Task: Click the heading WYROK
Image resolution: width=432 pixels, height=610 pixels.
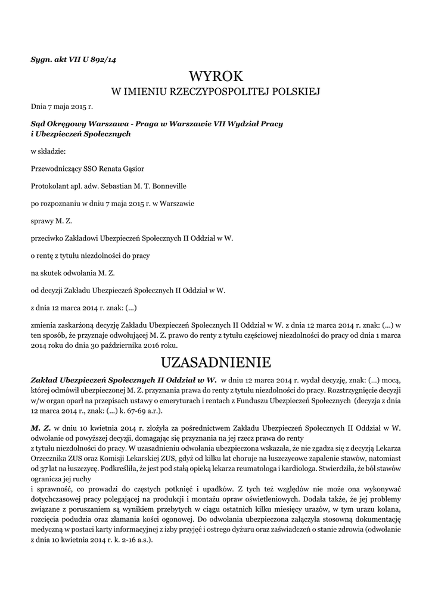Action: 216,76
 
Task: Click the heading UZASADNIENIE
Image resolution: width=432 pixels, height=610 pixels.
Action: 216,362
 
